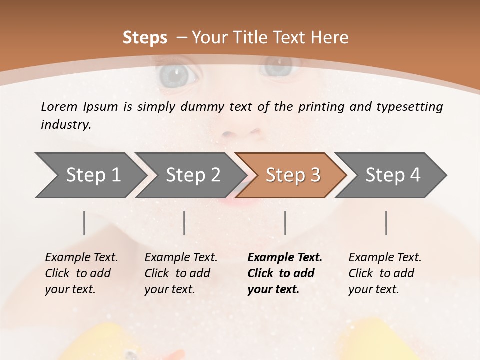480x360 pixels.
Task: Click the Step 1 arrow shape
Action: click(x=90, y=175)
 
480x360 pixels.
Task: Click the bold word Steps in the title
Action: click(x=145, y=38)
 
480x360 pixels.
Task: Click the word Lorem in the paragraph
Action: click(x=59, y=106)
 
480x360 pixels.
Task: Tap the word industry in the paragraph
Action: click(x=66, y=124)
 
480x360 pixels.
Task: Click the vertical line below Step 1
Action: click(x=84, y=223)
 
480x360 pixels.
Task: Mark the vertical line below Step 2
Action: click(x=184, y=223)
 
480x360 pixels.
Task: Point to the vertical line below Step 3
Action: click(x=285, y=223)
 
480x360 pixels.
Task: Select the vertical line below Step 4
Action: click(x=386, y=223)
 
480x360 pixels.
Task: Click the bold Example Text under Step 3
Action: click(x=285, y=273)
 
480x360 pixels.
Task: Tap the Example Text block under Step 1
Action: click(x=81, y=273)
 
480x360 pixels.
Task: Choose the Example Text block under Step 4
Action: click(x=385, y=273)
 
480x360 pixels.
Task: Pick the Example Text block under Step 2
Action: click(x=181, y=273)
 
